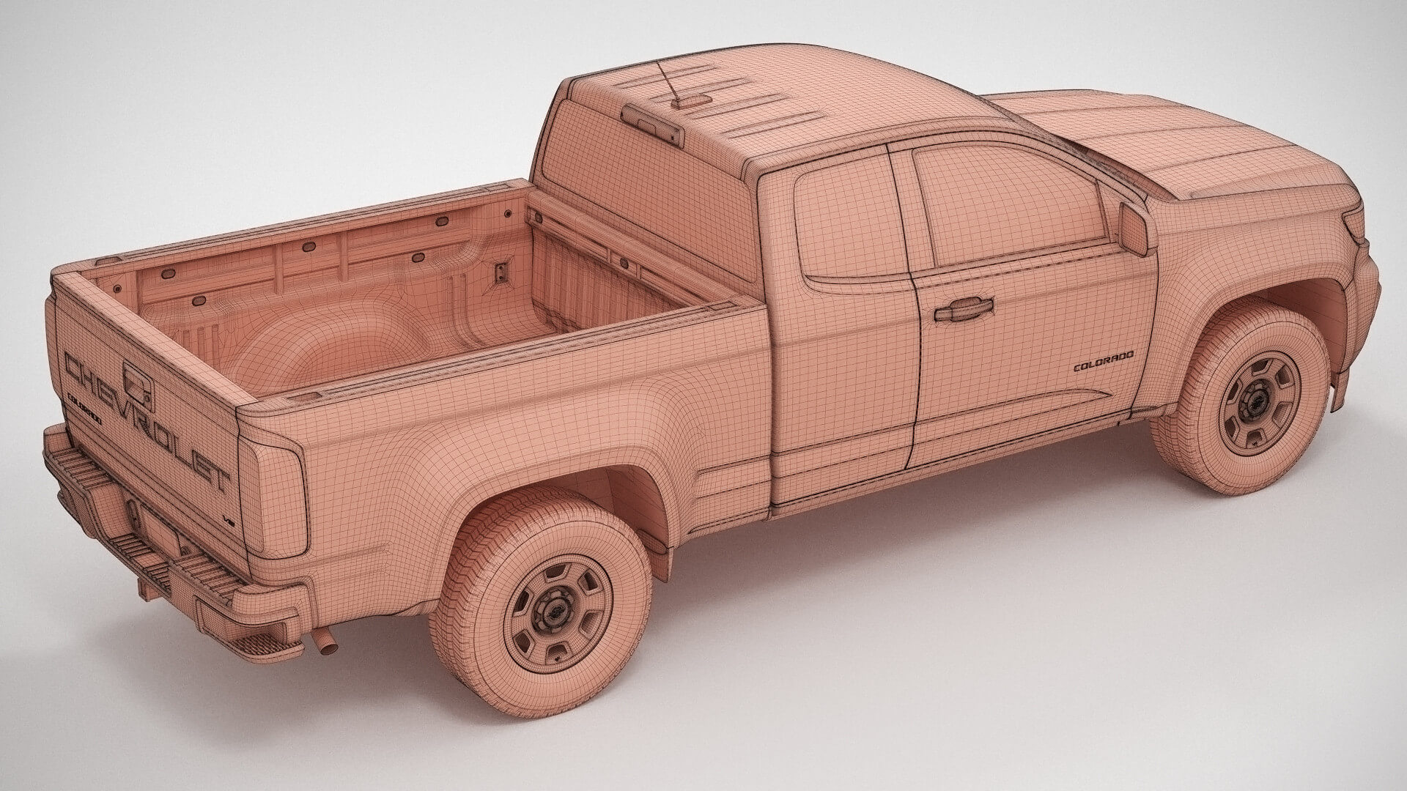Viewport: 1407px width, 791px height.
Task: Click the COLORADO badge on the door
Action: click(1103, 361)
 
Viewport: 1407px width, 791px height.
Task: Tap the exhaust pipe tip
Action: click(323, 645)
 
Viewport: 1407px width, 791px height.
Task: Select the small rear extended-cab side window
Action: click(850, 220)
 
